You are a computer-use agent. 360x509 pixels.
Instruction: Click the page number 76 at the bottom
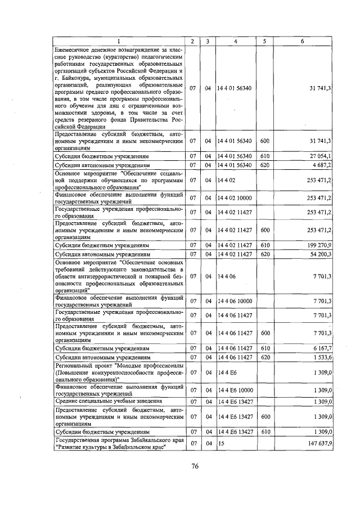(195, 466)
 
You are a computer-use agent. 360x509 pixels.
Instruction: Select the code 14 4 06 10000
(233, 301)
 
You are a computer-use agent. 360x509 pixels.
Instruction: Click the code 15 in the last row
(220, 443)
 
